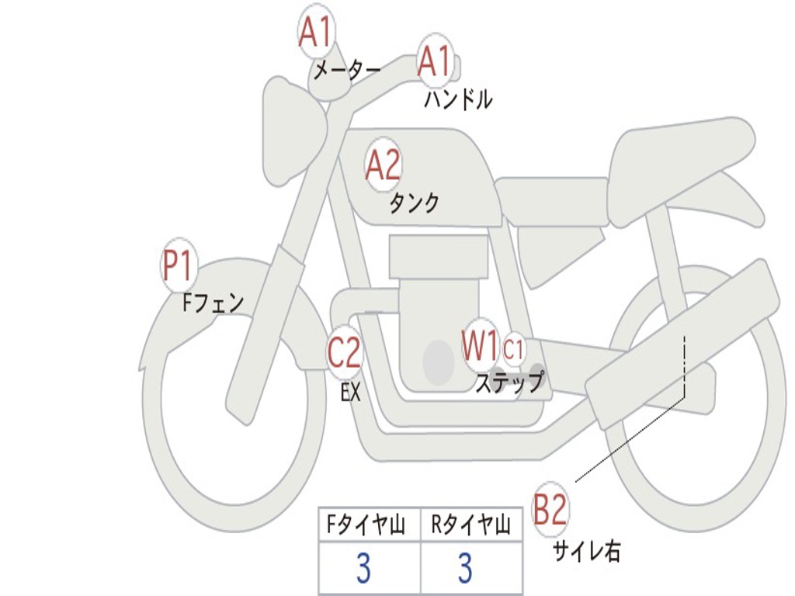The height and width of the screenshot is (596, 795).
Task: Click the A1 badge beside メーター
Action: point(315,33)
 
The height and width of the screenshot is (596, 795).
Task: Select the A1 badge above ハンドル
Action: point(435,60)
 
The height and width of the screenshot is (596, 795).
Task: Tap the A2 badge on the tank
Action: point(383,165)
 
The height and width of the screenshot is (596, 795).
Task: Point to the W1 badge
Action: point(481,345)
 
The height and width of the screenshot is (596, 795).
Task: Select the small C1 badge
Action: point(513,350)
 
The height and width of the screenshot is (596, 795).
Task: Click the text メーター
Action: point(347,72)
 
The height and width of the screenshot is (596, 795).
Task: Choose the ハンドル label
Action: point(458,99)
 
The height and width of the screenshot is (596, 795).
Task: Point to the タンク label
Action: point(414,203)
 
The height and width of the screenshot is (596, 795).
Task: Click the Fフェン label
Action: point(214,302)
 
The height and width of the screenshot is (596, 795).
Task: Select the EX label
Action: point(351,392)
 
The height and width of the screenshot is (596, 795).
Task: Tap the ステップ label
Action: point(509,382)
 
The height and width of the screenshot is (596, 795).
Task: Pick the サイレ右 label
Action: point(587,552)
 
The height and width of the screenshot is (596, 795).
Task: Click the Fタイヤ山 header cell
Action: point(369,526)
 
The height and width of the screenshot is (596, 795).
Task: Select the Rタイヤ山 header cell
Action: point(471,526)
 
